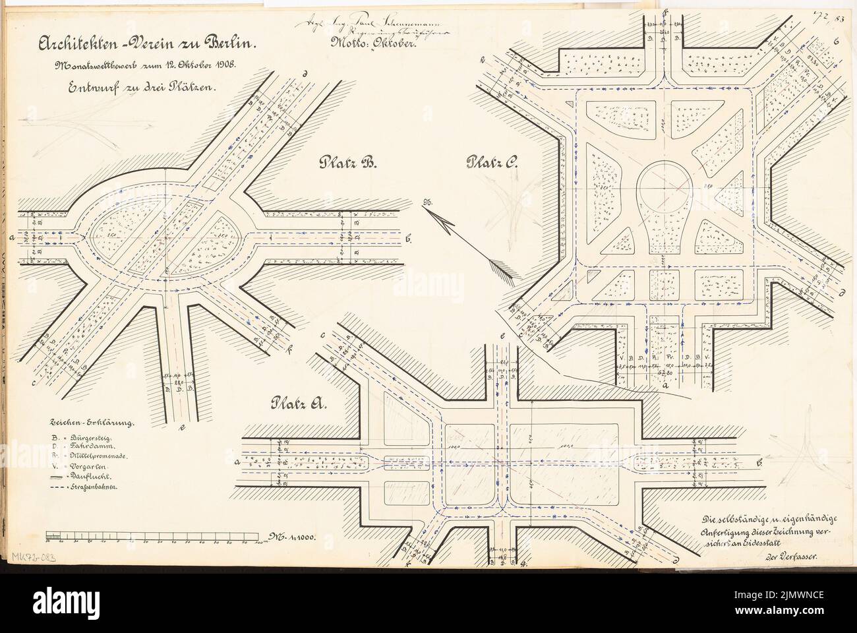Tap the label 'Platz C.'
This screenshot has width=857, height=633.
492,162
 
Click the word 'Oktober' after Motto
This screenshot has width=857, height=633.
389,47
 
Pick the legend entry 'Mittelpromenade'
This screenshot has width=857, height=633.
92,454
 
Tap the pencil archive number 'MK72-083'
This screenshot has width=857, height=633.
34,557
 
